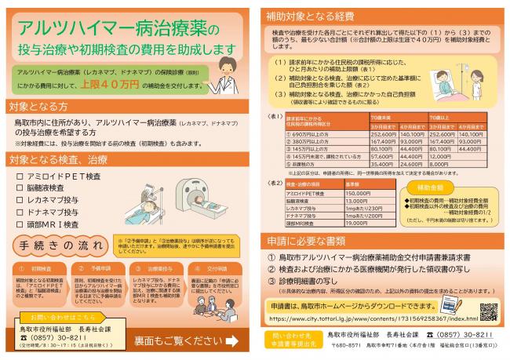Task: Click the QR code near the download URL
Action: [x=488, y=311]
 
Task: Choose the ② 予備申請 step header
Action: [x=94, y=268]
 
